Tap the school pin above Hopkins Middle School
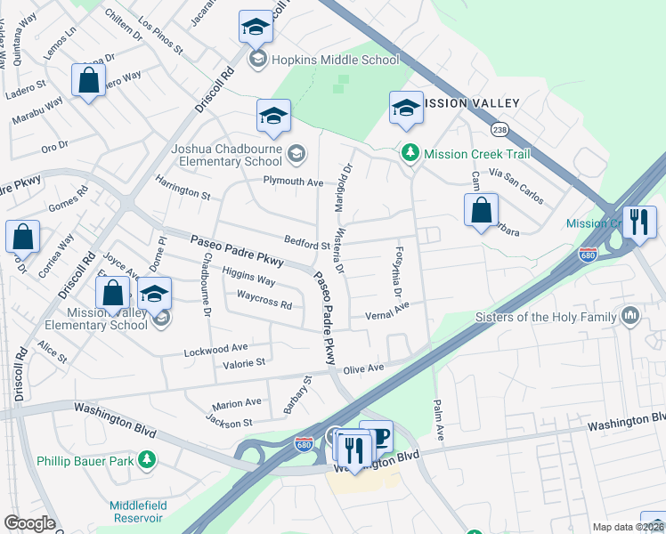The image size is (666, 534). pos(256,28)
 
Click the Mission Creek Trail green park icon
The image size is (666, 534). pos(410,154)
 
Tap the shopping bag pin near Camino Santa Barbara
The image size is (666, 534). pos(481,212)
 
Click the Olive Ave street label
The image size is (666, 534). pos(363,368)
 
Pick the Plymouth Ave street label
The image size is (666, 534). pos(292,181)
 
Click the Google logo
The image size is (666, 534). pos(29,523)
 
